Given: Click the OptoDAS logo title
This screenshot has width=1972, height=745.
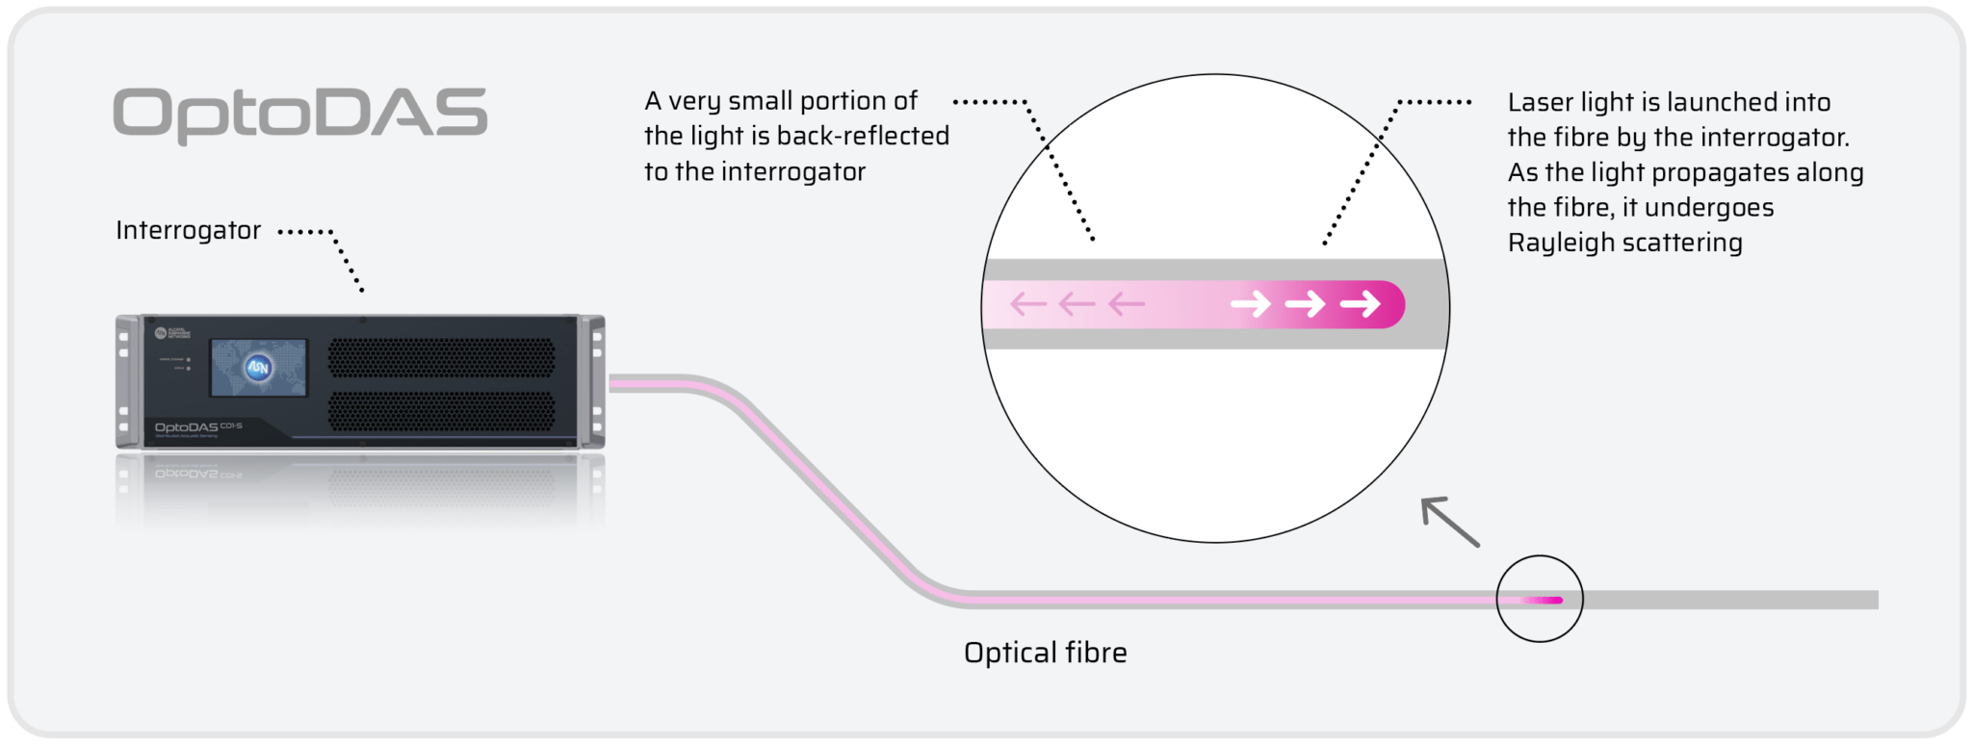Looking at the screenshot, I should [299, 115].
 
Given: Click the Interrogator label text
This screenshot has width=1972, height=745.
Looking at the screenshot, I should [188, 231].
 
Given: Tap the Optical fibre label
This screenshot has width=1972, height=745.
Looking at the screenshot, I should [1045, 653].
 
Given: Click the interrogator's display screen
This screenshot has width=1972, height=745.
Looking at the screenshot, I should [259, 367].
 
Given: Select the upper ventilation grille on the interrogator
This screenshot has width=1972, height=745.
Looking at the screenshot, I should [441, 358].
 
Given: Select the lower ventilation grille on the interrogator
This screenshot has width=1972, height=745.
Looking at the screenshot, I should [441, 411].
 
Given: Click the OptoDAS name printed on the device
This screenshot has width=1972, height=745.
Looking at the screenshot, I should [187, 426].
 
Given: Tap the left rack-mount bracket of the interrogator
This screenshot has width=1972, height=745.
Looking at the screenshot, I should [124, 381].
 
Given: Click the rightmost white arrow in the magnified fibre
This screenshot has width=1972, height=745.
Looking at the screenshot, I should [1360, 304].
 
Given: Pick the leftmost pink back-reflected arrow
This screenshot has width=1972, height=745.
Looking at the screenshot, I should [1027, 304].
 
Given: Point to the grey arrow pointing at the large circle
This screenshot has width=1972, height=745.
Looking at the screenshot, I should [1450, 522].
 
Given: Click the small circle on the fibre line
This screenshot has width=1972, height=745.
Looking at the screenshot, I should [1539, 599].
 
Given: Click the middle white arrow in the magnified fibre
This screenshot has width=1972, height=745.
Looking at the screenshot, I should [1305, 304].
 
